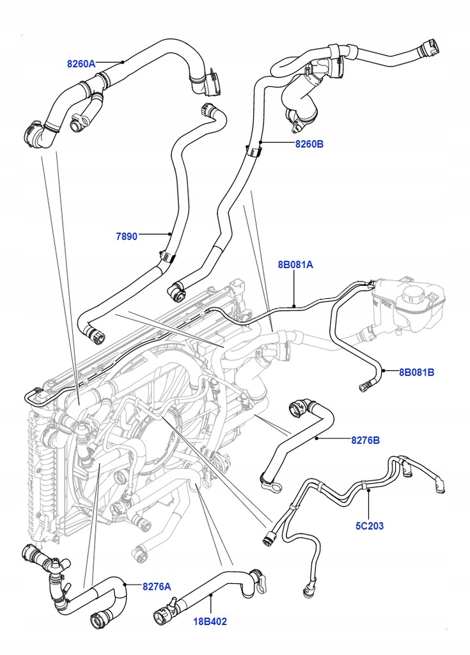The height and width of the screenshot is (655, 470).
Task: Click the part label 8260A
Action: click(81, 63)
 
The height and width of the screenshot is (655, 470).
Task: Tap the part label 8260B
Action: click(309, 145)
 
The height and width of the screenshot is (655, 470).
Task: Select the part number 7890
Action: click(127, 236)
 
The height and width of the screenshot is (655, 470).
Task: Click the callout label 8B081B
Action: click(417, 371)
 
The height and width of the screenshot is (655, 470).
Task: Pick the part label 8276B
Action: click(366, 440)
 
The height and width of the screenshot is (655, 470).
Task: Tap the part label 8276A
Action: click(157, 585)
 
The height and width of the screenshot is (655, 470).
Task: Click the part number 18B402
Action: click(210, 620)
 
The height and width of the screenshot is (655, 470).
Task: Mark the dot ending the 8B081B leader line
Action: click(383, 370)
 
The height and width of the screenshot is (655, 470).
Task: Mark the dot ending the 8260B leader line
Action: click(260, 143)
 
